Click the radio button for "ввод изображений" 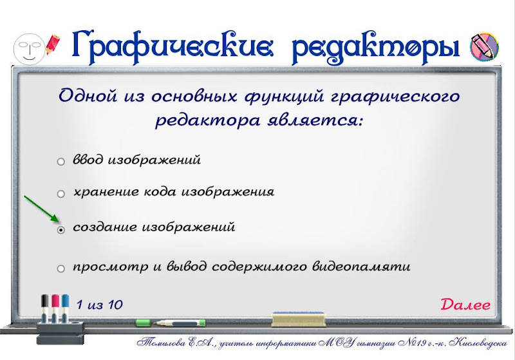61,162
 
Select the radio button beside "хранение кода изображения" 61,194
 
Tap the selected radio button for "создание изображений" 61,230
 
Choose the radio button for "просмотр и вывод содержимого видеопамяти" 61,269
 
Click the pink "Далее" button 465,305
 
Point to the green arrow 41,209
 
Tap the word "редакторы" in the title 375,48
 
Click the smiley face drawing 29,48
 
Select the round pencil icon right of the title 484,46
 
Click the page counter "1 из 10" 100,305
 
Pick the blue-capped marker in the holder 65,306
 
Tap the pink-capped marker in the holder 55,306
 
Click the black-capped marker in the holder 45,306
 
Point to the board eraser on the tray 299,319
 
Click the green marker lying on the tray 171,323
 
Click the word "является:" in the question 315,120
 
